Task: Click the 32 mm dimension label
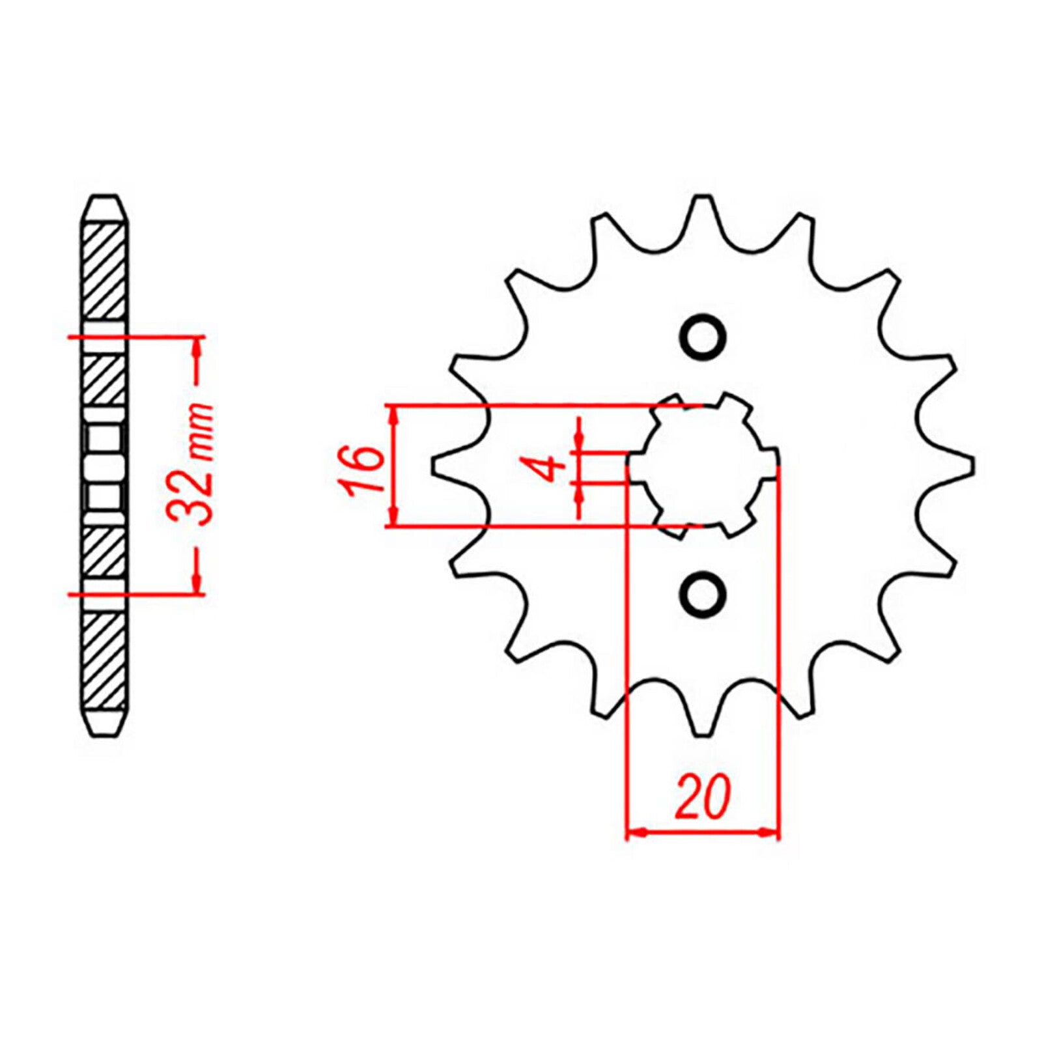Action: (191, 464)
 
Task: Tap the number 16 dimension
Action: (365, 470)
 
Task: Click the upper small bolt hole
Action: (702, 336)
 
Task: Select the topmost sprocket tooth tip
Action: (702, 197)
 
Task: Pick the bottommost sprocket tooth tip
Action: (702, 734)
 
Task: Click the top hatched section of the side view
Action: (104, 270)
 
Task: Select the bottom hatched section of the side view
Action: (104, 661)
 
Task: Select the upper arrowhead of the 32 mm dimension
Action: (196, 346)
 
